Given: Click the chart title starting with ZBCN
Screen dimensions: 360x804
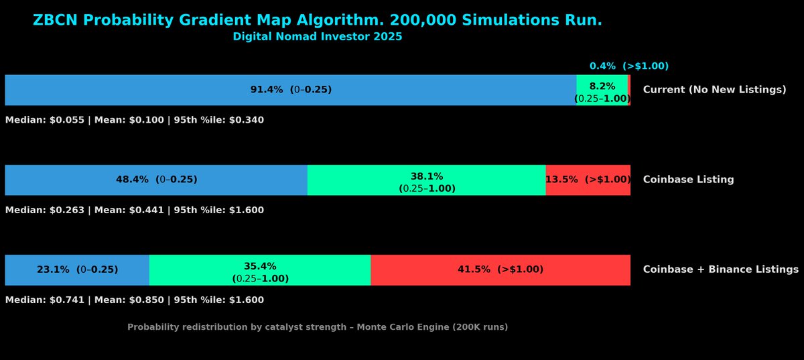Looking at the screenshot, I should pos(318,21).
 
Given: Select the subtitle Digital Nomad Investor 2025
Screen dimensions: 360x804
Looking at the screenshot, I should pos(318,37).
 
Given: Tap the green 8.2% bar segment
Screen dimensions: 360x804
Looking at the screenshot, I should pos(602,90).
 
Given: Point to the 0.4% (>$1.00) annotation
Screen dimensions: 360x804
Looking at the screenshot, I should pos(628,66).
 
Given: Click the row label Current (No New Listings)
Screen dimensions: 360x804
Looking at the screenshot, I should pos(714,90).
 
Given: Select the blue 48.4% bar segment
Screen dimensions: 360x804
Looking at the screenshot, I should pos(156,180).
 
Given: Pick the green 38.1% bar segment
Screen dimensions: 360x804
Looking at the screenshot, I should pos(426,180).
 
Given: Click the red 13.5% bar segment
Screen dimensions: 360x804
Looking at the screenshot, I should pos(588,180).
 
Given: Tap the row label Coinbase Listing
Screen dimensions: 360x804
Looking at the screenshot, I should pos(688,180).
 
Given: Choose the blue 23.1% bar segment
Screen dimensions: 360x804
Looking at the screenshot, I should pos(77,269).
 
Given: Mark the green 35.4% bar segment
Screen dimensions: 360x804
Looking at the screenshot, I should pos(260,269).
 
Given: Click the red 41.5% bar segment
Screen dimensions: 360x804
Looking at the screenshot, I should pos(500,269).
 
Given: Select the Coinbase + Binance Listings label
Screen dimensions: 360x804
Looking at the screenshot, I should pos(720,269).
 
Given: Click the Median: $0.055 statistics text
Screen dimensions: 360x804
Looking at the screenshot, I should pos(44,120).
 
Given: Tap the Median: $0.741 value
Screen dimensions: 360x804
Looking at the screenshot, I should pos(44,300).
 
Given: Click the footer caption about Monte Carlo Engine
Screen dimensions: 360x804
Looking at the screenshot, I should pos(318,327).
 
